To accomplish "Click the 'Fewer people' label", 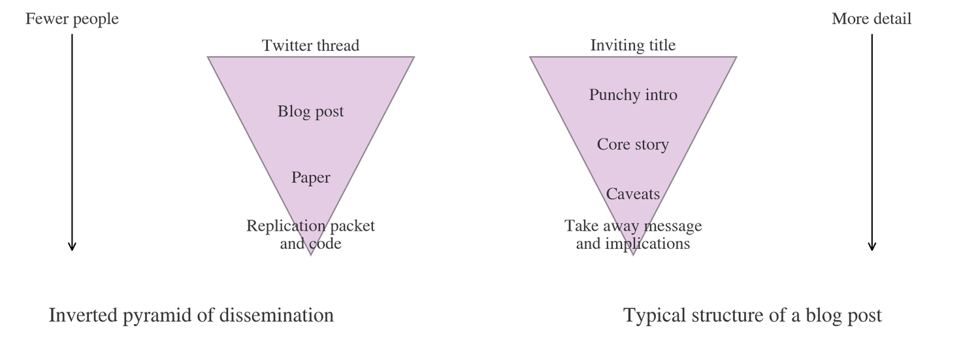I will pos(72,20).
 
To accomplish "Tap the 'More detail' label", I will pos(872,20).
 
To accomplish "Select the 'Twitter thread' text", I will pos(311,46).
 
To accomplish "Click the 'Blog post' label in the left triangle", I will pos(311,112).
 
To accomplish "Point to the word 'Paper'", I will pos(311,178).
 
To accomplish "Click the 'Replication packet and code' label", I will pos(311,235).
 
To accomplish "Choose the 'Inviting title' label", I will pos(633,46).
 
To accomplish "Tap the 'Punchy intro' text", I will pos(633,95).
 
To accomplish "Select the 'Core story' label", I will pos(633,144).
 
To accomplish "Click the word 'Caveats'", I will pos(633,194).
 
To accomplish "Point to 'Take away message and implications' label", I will pos(633,235).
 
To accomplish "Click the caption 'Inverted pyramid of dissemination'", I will pos(191,316).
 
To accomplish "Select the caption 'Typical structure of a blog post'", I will pos(753,316).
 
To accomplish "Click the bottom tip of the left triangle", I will pos(311,252).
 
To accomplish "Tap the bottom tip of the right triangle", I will pos(633,252).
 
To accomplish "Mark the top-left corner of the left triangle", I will pos(210,58).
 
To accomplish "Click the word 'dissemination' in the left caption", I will pos(276,316).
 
